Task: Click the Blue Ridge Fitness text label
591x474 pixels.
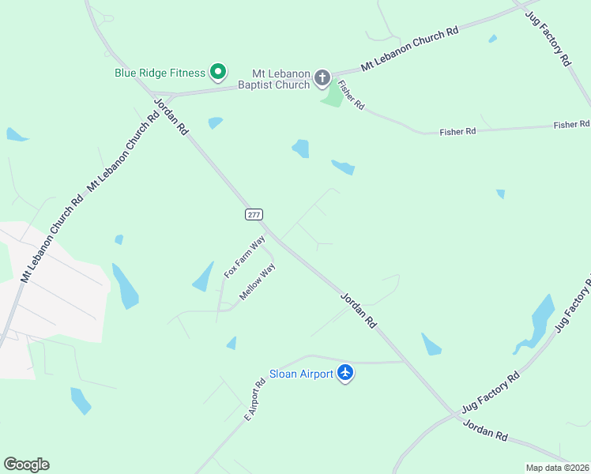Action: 160,73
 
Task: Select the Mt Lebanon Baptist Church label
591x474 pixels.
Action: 280,78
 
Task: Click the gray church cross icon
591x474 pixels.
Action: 322,77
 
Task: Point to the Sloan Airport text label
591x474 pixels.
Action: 301,374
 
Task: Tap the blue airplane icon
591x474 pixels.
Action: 345,372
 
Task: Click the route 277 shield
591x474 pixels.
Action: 253,214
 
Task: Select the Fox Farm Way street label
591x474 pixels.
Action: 244,257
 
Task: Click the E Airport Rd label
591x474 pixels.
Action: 254,401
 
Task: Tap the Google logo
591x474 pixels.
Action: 26,465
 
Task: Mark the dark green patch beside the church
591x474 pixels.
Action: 334,96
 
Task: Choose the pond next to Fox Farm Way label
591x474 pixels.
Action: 204,276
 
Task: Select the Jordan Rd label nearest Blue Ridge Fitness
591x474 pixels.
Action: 171,115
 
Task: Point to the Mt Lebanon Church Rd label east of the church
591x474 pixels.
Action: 410,50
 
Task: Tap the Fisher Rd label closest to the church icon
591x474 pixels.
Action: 350,95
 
